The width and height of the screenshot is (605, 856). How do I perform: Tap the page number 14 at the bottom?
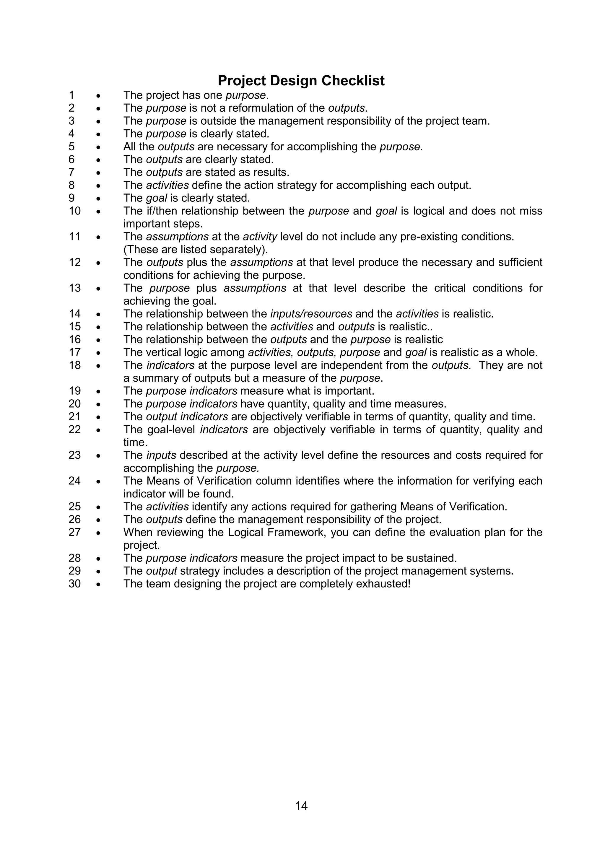pos(301,806)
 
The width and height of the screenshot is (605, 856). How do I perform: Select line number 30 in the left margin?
pos(74,584)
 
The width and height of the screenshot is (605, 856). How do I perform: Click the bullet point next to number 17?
pos(98,353)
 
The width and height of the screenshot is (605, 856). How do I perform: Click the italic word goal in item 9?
pos(156,198)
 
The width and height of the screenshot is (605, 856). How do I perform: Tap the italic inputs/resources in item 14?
pos(311,314)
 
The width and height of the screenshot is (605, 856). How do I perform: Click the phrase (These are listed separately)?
pos(195,249)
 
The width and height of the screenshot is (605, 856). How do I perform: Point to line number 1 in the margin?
pos(71,95)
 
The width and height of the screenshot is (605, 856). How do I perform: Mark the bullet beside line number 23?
pos(98,455)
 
